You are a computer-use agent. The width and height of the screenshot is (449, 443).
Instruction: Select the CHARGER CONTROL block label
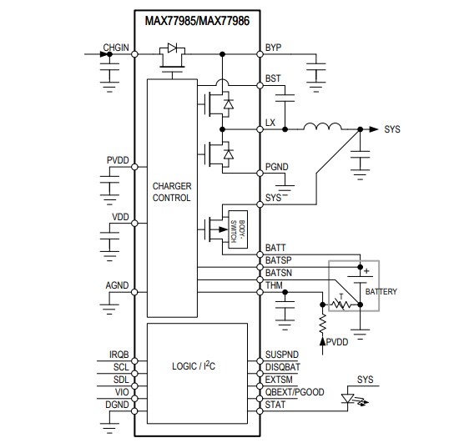tap(172, 192)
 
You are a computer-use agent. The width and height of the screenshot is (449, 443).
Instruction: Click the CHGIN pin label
tap(116, 48)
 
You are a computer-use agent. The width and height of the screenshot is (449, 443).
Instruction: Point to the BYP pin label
tap(272, 48)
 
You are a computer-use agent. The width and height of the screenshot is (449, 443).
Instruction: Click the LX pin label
tap(270, 123)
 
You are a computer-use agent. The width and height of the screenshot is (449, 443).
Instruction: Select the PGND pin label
tap(276, 167)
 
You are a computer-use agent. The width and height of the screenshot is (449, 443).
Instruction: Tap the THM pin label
tap(274, 285)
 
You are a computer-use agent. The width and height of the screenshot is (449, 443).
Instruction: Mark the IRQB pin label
tap(119, 355)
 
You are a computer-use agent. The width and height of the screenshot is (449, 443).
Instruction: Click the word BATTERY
tap(381, 291)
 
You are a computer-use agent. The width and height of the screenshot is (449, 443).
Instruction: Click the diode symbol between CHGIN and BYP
tap(174, 50)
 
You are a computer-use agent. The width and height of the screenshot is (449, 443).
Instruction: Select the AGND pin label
tap(117, 285)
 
